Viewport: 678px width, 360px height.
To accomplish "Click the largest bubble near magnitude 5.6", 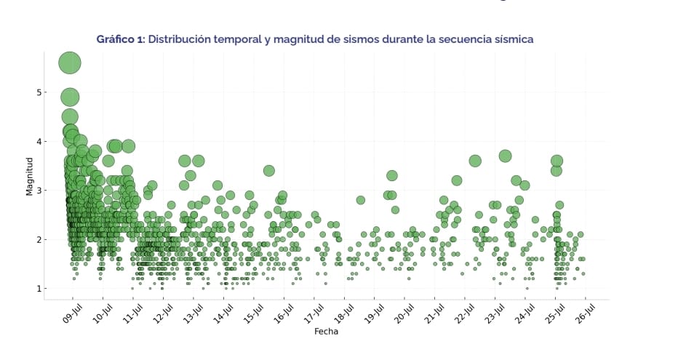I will (x=70, y=63).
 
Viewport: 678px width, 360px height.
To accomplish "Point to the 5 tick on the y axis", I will (x=39, y=92).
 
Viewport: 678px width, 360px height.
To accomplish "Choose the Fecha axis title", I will (x=326, y=332).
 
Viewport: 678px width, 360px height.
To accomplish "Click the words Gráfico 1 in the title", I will (x=120, y=39).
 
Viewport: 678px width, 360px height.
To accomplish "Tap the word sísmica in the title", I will (x=514, y=39).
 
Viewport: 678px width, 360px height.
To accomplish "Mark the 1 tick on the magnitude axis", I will (x=39, y=289).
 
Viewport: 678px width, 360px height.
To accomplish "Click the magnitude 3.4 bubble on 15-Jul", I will (x=269, y=171).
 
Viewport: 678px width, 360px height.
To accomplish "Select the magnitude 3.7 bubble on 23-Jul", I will (x=506, y=156).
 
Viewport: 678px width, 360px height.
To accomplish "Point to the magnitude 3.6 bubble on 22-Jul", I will (x=475, y=161).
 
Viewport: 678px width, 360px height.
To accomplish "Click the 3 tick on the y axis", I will (x=39, y=191).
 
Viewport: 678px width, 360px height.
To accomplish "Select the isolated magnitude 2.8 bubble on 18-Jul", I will (x=361, y=200).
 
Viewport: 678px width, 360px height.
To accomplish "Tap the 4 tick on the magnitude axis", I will (x=39, y=141).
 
